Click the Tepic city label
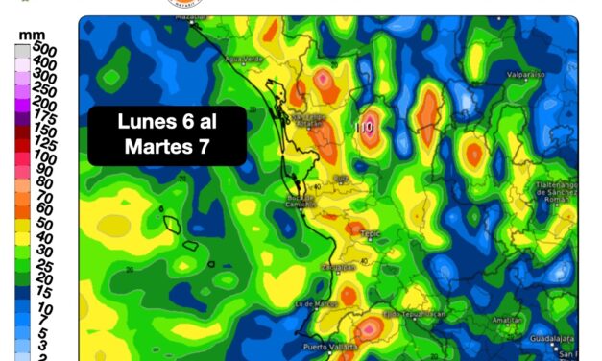(371, 232)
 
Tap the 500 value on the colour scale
(44, 48)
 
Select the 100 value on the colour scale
(44, 156)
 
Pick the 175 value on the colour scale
(44, 115)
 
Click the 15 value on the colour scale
(44, 291)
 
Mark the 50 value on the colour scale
(44, 223)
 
